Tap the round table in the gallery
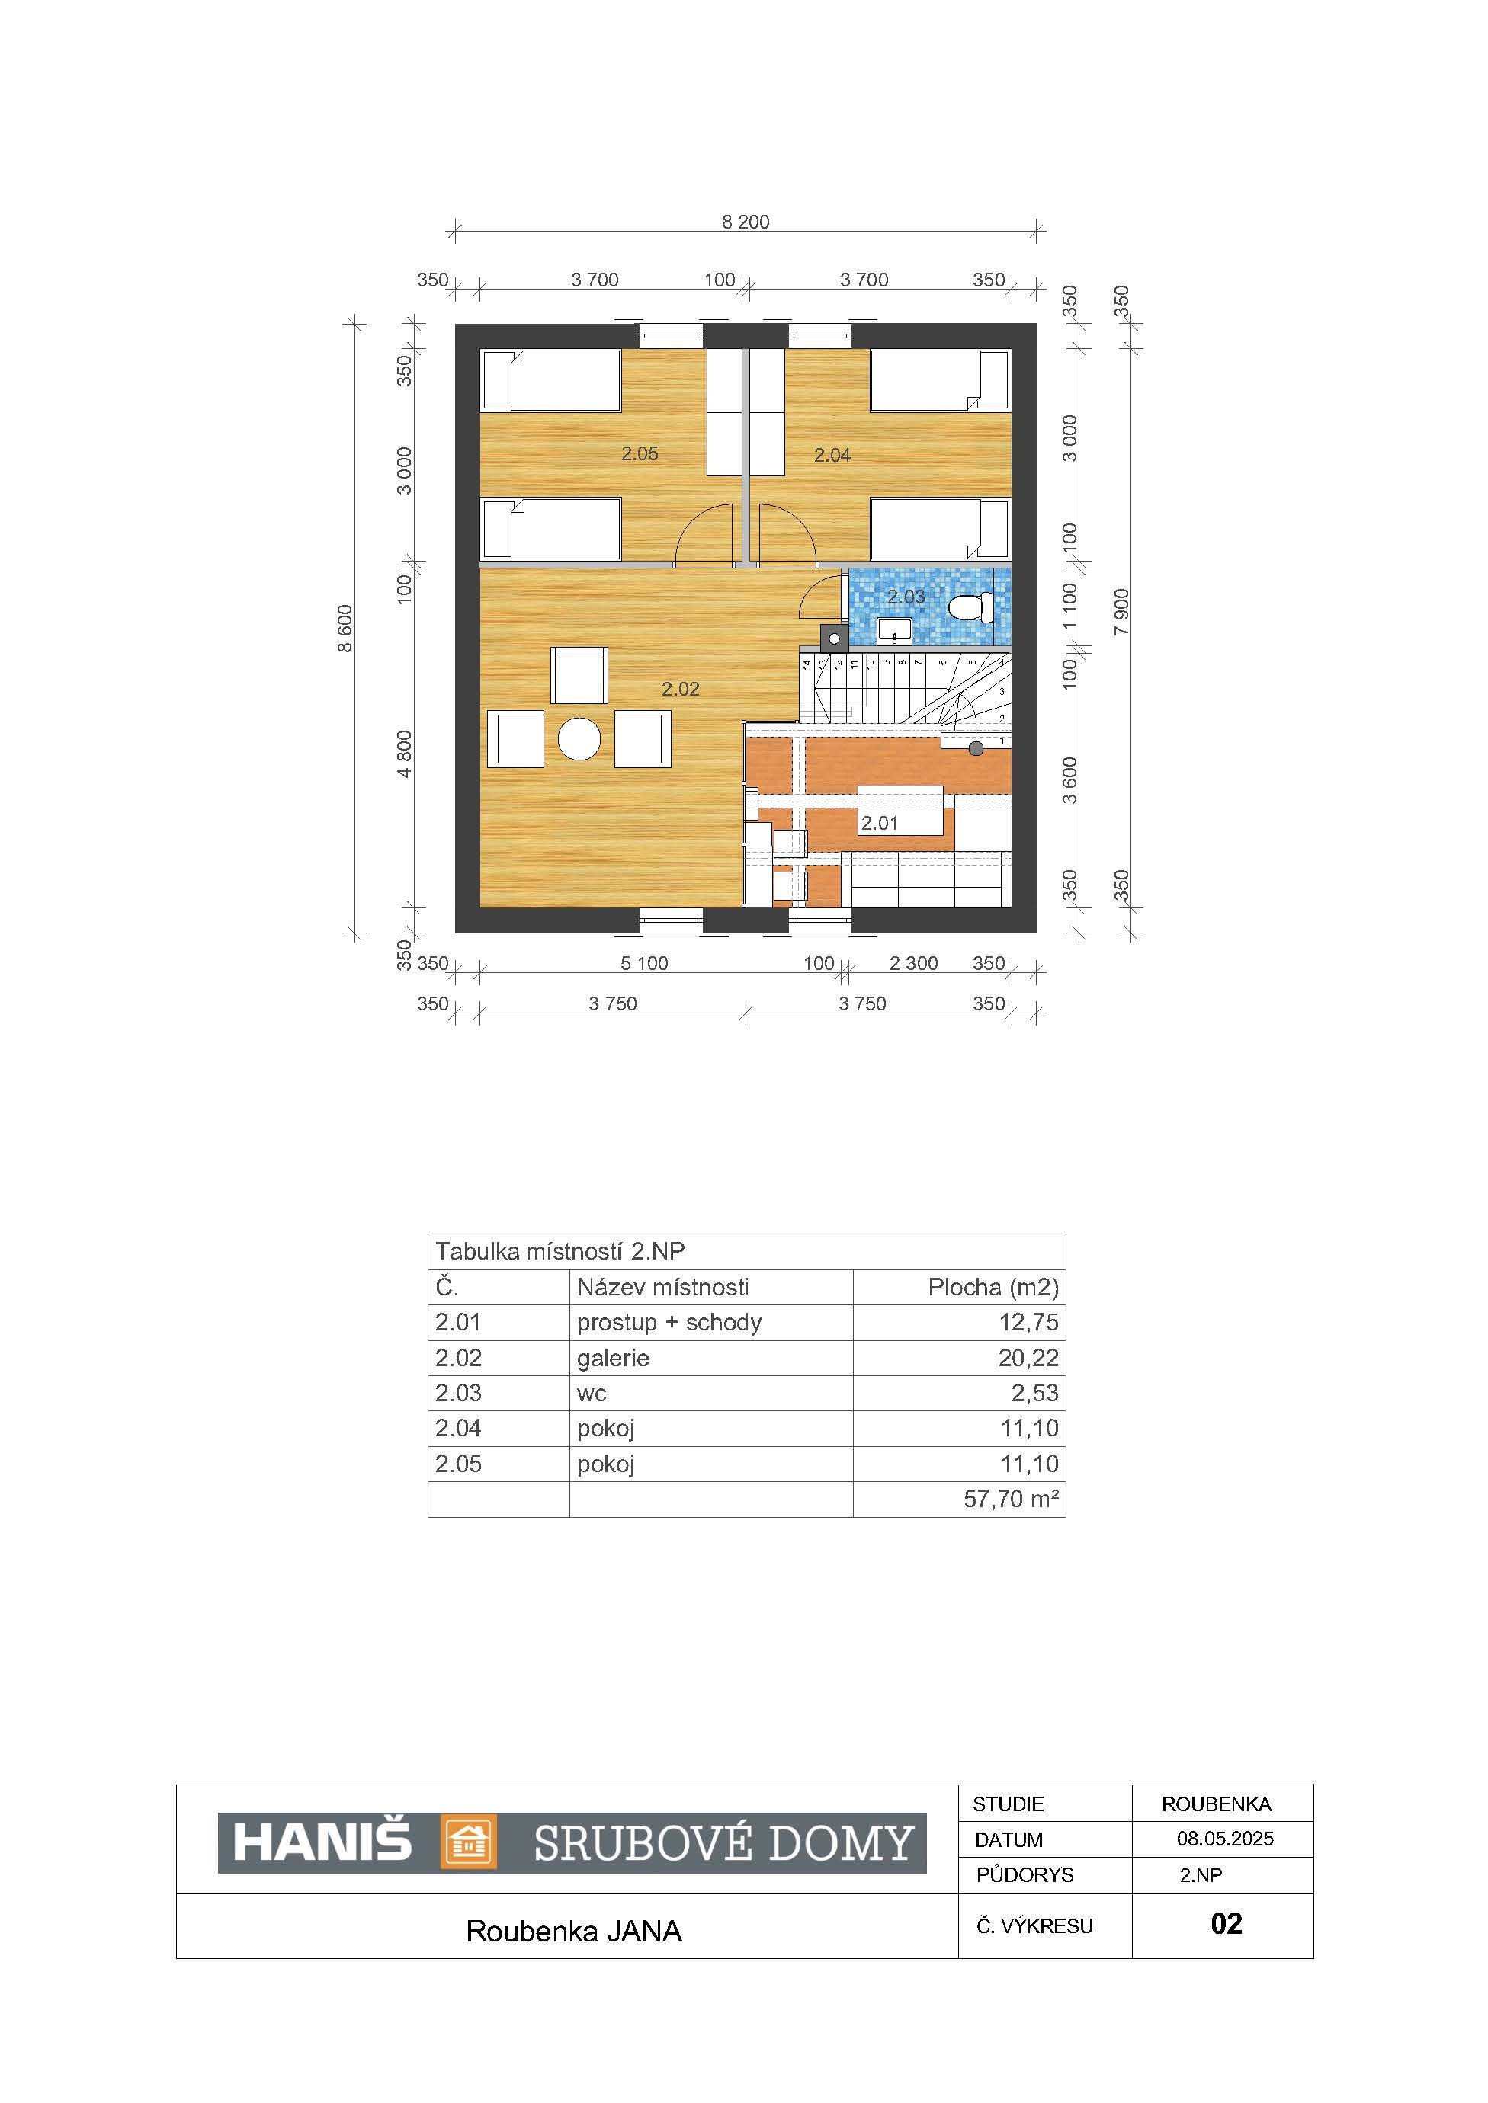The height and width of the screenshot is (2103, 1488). (x=579, y=738)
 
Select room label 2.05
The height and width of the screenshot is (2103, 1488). (x=640, y=453)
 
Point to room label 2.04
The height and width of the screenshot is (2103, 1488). (x=832, y=454)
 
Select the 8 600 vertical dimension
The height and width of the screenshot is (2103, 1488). (x=345, y=629)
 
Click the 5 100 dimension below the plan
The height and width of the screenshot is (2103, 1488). (x=644, y=964)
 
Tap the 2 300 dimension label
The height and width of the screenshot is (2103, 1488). (x=913, y=964)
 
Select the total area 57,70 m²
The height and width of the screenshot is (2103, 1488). (x=1012, y=1500)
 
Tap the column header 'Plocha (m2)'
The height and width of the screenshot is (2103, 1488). (x=993, y=1287)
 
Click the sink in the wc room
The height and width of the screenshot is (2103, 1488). (x=893, y=629)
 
